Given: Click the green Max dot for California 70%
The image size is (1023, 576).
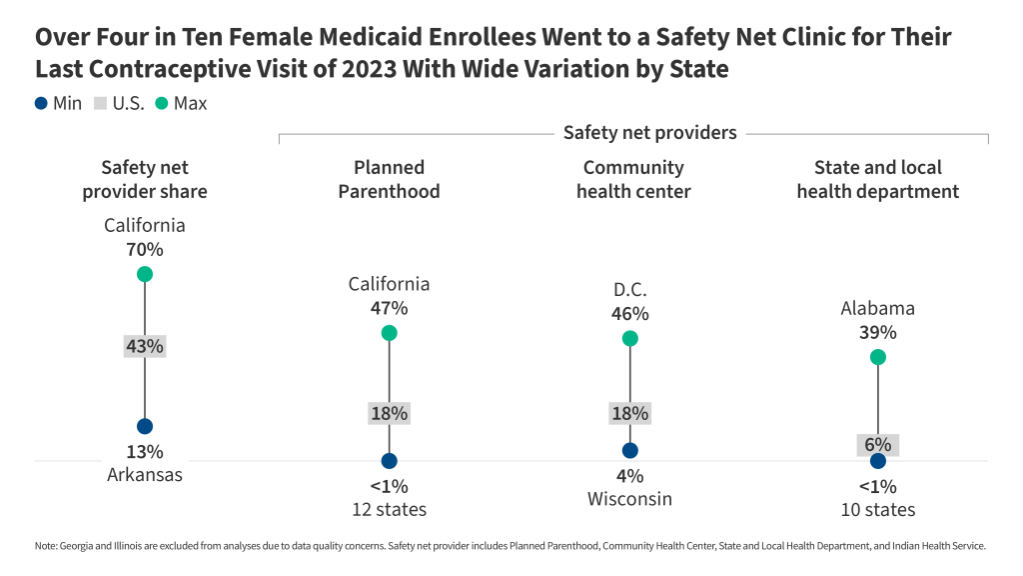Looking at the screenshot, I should click(145, 274).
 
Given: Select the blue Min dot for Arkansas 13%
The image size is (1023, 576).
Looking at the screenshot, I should click(145, 426).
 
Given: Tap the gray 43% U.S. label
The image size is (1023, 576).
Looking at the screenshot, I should click(145, 347).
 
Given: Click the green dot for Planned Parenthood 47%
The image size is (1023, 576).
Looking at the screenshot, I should click(389, 333).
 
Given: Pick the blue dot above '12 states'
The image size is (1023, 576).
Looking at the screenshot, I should click(389, 461).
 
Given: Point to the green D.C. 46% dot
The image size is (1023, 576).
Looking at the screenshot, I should click(629, 339).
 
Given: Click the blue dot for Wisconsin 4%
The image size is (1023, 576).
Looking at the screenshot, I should click(629, 451).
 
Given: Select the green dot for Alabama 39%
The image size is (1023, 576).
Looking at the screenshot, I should click(877, 357).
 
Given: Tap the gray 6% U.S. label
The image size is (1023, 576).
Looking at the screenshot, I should click(877, 445).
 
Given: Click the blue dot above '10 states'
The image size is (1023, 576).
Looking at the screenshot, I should click(877, 461).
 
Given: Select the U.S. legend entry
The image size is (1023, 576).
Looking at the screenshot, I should click(119, 103).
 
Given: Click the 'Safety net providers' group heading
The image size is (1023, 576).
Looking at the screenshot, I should click(649, 132).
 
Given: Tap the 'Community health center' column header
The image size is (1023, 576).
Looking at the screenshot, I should click(633, 179).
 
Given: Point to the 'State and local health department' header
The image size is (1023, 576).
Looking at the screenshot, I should click(877, 179).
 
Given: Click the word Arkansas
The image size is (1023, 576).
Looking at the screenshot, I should click(145, 475).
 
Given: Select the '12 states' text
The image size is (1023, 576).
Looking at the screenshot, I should click(389, 509).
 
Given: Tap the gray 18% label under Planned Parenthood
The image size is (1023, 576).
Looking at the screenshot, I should click(389, 413).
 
